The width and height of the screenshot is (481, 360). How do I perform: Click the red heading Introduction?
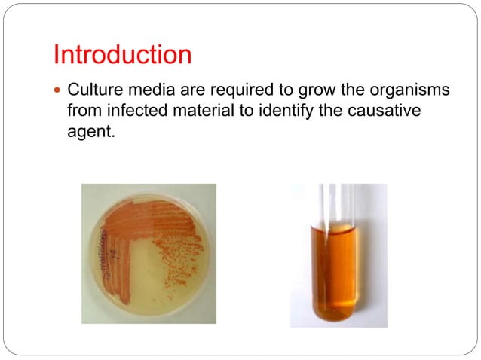122,55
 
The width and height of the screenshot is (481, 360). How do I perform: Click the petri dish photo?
149,253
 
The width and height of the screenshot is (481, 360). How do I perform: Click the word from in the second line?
82,111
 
